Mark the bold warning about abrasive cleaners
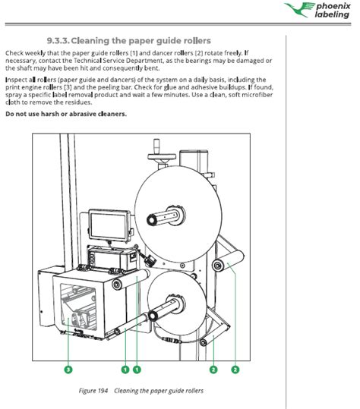click(66, 114)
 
